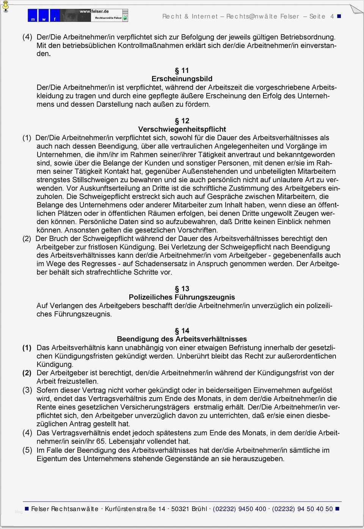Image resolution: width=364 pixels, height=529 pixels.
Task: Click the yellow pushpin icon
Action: [5, 6]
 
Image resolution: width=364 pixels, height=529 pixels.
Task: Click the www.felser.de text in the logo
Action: [94, 11]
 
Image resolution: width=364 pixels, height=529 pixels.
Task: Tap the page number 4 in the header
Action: [332, 16]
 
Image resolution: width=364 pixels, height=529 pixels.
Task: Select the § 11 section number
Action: [182, 71]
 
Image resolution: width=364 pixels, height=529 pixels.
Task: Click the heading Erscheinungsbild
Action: [182, 79]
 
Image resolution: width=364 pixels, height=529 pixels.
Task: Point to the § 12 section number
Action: [182, 121]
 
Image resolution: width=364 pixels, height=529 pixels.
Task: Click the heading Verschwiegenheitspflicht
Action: [182, 129]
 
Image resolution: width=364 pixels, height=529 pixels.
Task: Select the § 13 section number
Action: [182, 289]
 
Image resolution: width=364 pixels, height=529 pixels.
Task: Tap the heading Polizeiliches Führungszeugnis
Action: [182, 297]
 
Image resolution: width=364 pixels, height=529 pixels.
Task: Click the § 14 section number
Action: [182, 331]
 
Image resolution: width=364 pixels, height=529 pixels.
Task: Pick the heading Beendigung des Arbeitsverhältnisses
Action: [182, 339]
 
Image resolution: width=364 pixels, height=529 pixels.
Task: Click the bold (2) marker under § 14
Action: [27, 373]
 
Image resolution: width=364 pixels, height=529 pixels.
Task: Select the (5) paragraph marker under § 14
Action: [27, 450]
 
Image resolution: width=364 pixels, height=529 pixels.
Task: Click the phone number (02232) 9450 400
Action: [240, 509]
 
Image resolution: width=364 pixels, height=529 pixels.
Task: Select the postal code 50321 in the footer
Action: [180, 509]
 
